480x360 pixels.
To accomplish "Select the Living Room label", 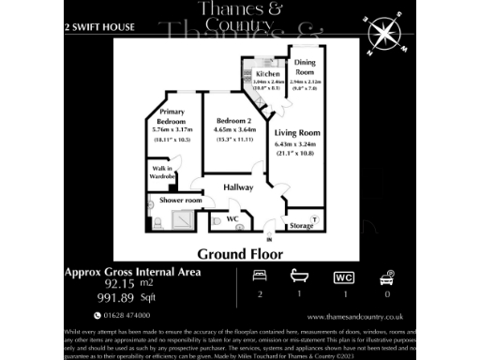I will click(x=297, y=133).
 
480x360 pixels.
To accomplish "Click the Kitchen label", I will click(x=267, y=73).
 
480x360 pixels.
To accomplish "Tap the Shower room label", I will click(x=181, y=200).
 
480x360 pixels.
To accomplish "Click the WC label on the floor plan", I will click(x=232, y=219).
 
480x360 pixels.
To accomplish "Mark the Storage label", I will click(x=301, y=226).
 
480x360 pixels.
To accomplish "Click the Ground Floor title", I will click(x=240, y=253).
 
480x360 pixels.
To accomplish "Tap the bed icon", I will click(x=260, y=277).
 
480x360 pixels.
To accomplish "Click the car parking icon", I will click(x=385, y=277).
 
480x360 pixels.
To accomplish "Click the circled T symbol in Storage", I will click(x=314, y=218).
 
